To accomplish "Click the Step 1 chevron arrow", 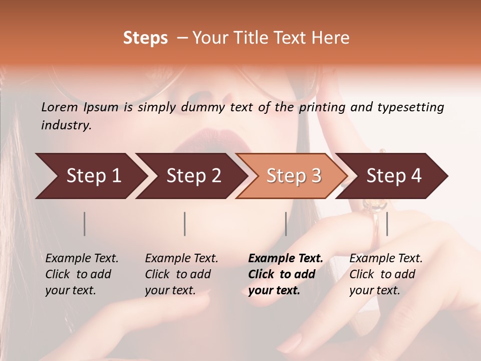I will (90, 176).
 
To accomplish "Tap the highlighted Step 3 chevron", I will (292, 176).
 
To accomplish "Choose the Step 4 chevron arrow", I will (392, 176).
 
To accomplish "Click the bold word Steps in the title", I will (145, 38).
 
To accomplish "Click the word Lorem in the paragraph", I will (59, 107).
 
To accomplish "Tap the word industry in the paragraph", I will (66, 125).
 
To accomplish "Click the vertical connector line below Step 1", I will (85, 224).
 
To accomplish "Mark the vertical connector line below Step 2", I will (185, 224).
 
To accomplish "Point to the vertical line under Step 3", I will (286, 224).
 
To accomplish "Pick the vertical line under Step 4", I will (387, 224).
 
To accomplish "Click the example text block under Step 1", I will (82, 274).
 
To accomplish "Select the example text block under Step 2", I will (181, 274).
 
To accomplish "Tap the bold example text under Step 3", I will (285, 274).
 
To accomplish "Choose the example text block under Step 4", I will (386, 274).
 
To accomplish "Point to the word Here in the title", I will (332, 38).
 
